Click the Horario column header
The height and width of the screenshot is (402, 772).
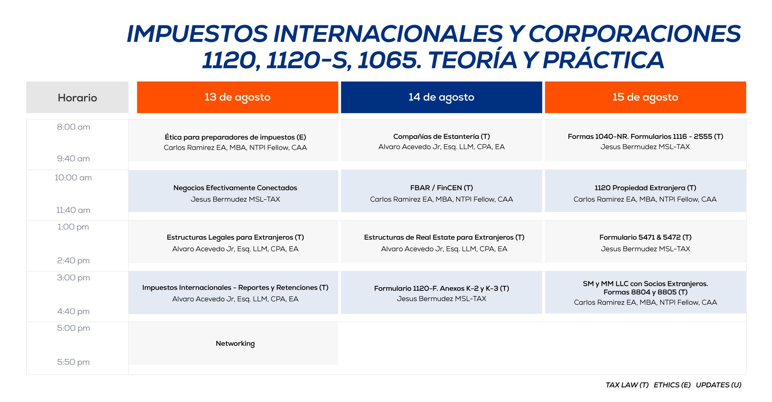[x=77, y=98]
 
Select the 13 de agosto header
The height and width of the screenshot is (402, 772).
[x=237, y=97]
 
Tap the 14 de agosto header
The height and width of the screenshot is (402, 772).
[x=441, y=97]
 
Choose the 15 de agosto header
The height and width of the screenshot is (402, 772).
[x=645, y=97]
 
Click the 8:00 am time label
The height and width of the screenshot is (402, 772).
[x=74, y=127]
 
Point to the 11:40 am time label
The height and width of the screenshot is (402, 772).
[x=73, y=210]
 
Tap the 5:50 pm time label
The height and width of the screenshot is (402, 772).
[x=73, y=362]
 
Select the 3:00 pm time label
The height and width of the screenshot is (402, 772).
[x=73, y=278]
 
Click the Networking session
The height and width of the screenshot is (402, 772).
[x=235, y=343]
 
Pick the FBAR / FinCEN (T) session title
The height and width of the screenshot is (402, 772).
[x=441, y=188]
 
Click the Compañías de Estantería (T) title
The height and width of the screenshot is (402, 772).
[x=441, y=137]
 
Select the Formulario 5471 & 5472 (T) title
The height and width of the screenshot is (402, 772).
[x=645, y=237]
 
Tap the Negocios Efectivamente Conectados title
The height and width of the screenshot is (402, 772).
[x=235, y=188]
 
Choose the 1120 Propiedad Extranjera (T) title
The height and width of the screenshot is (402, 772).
[x=645, y=188]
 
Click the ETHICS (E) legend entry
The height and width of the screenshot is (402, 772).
[x=672, y=385]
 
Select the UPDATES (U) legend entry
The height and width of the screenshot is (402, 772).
[x=718, y=385]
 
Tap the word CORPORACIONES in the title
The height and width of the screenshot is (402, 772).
[x=634, y=33]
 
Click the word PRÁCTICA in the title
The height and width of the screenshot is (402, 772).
[x=603, y=60]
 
